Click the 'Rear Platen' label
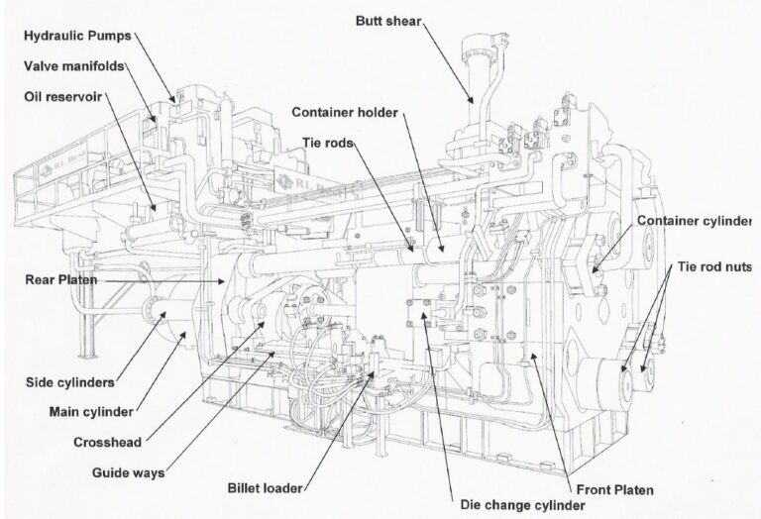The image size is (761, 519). [59, 279]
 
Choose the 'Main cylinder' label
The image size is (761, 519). [90, 410]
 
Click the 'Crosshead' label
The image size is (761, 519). [106, 441]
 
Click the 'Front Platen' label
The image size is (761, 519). [616, 489]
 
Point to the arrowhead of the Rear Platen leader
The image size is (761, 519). [227, 281]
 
